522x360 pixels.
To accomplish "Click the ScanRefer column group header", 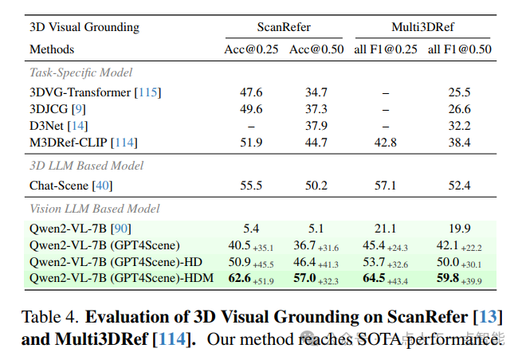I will (284, 27).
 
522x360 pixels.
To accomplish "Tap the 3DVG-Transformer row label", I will (95, 92).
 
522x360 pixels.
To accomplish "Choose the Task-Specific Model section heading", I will (82, 72).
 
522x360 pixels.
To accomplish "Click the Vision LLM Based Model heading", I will (95, 209).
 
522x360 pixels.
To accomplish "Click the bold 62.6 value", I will (240, 279).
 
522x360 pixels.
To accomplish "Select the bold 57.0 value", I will (304, 279).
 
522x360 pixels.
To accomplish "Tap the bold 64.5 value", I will (375, 279).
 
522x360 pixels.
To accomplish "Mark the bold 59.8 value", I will (448, 279).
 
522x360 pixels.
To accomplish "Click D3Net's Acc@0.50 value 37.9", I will (316, 126).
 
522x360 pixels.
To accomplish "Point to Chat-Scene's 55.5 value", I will (251, 186).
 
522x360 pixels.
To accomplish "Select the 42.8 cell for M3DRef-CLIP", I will (386, 143).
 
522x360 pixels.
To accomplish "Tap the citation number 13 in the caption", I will (489, 316).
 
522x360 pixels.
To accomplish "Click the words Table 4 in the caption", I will (49, 316).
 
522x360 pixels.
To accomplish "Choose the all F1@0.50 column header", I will (460, 49).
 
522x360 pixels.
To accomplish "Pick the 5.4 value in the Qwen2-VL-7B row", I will (251, 229).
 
